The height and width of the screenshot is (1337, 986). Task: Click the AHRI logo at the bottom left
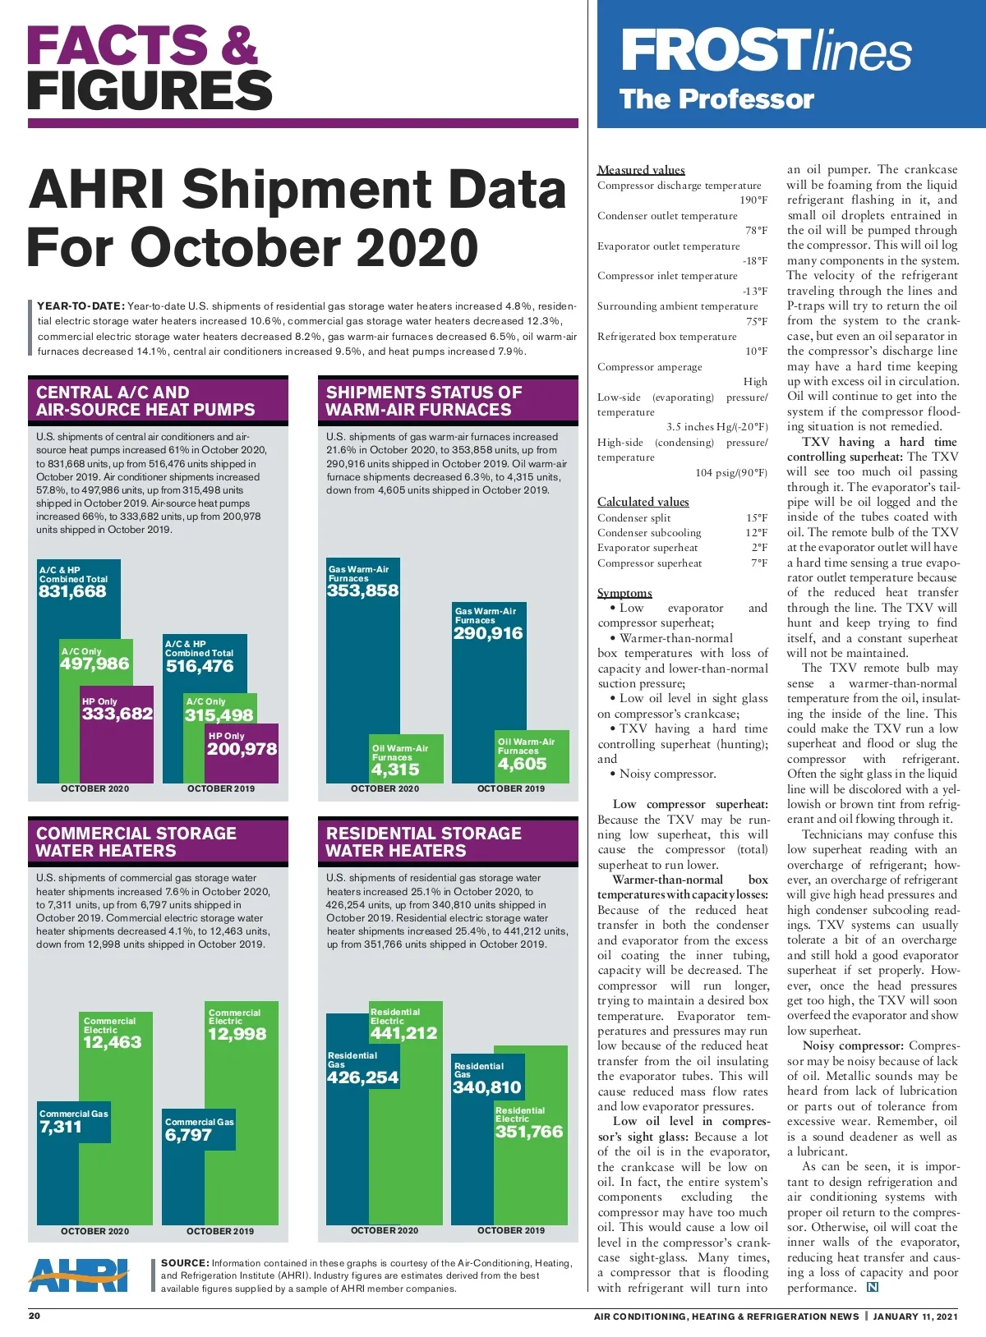coord(79,1275)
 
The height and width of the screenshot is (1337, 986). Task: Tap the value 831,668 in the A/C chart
coord(72,591)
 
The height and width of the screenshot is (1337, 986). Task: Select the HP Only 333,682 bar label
coord(117,714)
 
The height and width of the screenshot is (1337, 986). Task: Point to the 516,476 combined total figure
coord(200,666)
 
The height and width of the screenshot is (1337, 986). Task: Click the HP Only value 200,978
coord(242,749)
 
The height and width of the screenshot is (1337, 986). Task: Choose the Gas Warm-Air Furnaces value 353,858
coord(362,590)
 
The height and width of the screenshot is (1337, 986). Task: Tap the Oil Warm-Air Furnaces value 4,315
coord(395,770)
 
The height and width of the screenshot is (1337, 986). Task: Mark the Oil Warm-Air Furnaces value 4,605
coord(522,764)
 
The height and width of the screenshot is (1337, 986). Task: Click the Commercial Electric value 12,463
coord(113,1042)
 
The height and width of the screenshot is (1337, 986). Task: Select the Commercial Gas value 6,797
coord(188,1135)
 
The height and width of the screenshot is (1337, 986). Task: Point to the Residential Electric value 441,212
coord(403,1033)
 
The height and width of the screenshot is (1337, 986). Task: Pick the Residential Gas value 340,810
coord(487,1087)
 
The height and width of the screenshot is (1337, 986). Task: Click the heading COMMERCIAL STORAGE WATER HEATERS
coord(136,842)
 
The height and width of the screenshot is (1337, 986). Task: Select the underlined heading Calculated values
coord(643,502)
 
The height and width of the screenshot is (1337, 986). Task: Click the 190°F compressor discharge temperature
coord(753,200)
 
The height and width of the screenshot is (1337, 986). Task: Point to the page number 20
coord(35,1316)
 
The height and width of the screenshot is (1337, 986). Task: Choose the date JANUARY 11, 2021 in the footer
coord(915,1316)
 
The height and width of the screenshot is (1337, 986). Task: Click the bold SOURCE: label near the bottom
coord(185,1263)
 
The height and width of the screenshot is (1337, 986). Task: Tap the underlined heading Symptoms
coord(624,593)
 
